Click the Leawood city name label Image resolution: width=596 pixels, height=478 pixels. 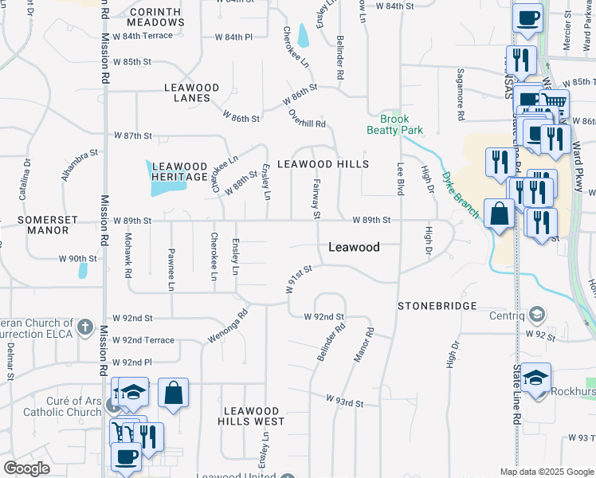coord(354,248)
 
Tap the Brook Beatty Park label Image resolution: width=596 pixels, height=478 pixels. coord(394,123)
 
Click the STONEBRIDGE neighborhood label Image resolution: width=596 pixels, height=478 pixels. coord(437,306)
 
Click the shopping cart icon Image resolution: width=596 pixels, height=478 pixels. coord(555,102)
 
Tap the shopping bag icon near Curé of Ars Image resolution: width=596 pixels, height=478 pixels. coord(173,392)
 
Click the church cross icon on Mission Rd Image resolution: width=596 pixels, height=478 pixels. coord(85,327)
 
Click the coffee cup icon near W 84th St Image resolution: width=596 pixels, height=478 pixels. coord(527,17)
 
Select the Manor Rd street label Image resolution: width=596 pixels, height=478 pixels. coord(363,343)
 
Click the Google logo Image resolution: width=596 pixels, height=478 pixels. coord(27,468)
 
